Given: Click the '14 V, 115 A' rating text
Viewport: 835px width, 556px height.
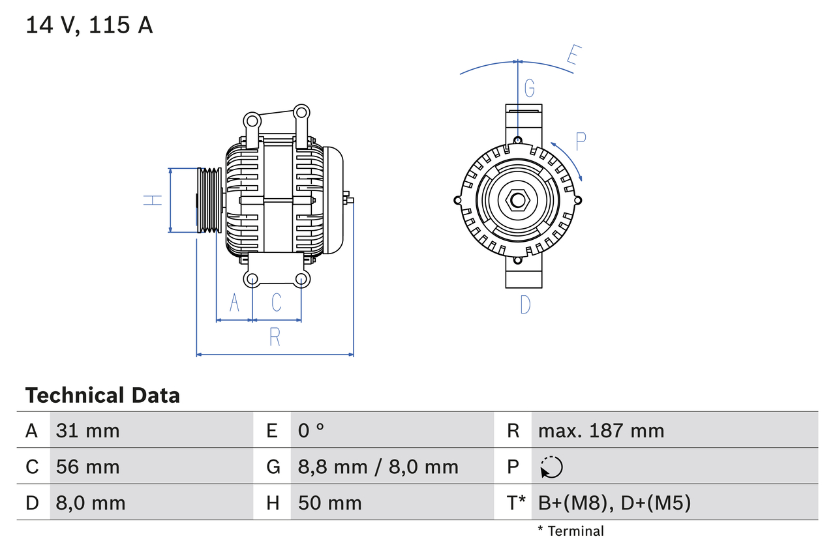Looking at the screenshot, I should (x=89, y=25).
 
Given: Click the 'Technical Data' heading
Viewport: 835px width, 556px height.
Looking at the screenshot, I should (x=102, y=395).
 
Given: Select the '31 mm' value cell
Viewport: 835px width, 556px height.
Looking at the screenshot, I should (x=88, y=430).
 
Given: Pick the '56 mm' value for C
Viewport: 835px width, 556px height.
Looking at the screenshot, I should (x=88, y=467).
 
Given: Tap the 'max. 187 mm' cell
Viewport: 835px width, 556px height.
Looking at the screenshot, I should (x=601, y=430).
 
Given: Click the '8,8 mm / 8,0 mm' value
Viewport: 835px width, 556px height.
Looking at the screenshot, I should (x=378, y=467).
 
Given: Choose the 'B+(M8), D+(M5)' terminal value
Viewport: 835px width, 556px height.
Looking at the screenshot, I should (x=614, y=503).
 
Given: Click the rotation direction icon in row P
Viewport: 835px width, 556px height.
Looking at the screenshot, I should (x=551, y=467).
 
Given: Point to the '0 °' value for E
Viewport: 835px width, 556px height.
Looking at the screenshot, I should (x=311, y=430).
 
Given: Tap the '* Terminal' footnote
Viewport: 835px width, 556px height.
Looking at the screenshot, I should (x=571, y=531).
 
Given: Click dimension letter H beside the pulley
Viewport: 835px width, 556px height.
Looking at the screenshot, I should (x=153, y=200).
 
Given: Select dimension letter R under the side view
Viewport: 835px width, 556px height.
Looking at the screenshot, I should (x=275, y=337).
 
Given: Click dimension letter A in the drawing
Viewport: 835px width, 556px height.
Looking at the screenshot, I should (x=234, y=302).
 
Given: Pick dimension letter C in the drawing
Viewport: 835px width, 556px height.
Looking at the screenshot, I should (x=277, y=302).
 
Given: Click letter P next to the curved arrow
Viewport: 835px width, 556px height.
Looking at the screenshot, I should (x=581, y=141).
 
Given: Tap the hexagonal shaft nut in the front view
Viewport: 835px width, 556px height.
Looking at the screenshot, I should (x=517, y=200).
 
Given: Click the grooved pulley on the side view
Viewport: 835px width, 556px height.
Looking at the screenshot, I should (x=209, y=200).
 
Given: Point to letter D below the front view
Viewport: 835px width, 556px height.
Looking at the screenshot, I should (x=525, y=304).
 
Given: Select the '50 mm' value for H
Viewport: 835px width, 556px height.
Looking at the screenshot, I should (x=329, y=503).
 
